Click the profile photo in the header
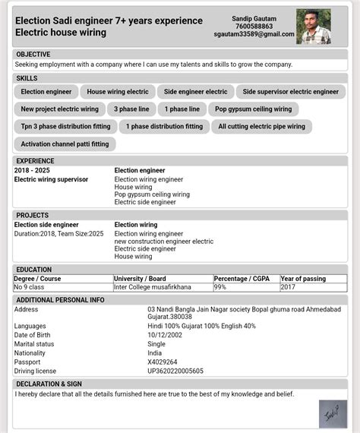313,27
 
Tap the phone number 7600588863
254,27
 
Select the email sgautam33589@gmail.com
254,35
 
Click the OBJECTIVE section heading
33,55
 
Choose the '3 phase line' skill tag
131,109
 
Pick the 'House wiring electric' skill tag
118,92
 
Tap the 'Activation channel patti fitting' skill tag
65,144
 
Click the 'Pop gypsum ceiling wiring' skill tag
250,109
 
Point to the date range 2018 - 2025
32,171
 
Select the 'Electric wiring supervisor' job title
52,179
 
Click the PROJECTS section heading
33,216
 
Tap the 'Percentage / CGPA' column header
241,279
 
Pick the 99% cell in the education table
220,287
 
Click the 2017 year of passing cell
288,287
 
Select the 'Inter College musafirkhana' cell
152,287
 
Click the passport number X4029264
163,362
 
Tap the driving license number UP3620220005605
175,371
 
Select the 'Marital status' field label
35,344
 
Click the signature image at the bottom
333,414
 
